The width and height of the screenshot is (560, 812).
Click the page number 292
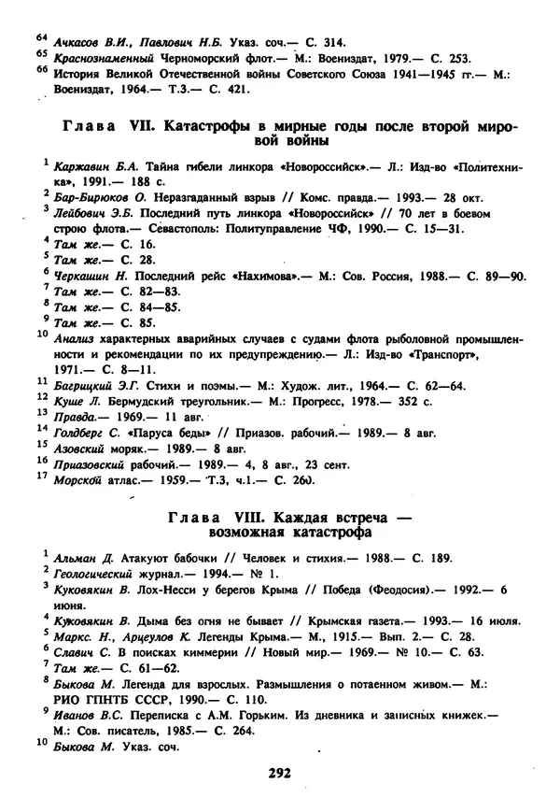point(280,773)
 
